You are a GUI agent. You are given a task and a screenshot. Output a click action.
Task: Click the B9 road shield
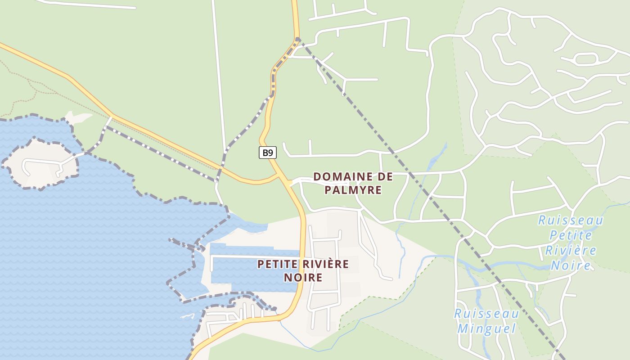click(x=268, y=153)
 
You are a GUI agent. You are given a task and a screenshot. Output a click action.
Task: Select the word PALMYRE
click(x=353, y=190)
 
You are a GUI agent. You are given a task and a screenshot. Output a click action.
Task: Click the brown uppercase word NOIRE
click(x=303, y=277)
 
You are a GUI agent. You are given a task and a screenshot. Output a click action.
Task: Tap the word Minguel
click(x=486, y=328)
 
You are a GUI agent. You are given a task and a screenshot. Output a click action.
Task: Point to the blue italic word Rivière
click(x=571, y=250)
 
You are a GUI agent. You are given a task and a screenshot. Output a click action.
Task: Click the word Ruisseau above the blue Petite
click(x=571, y=220)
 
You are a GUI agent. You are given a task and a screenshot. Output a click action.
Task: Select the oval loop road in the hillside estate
click(x=585, y=58)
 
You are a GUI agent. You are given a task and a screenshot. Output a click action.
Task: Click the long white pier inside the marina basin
click(x=252, y=256)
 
